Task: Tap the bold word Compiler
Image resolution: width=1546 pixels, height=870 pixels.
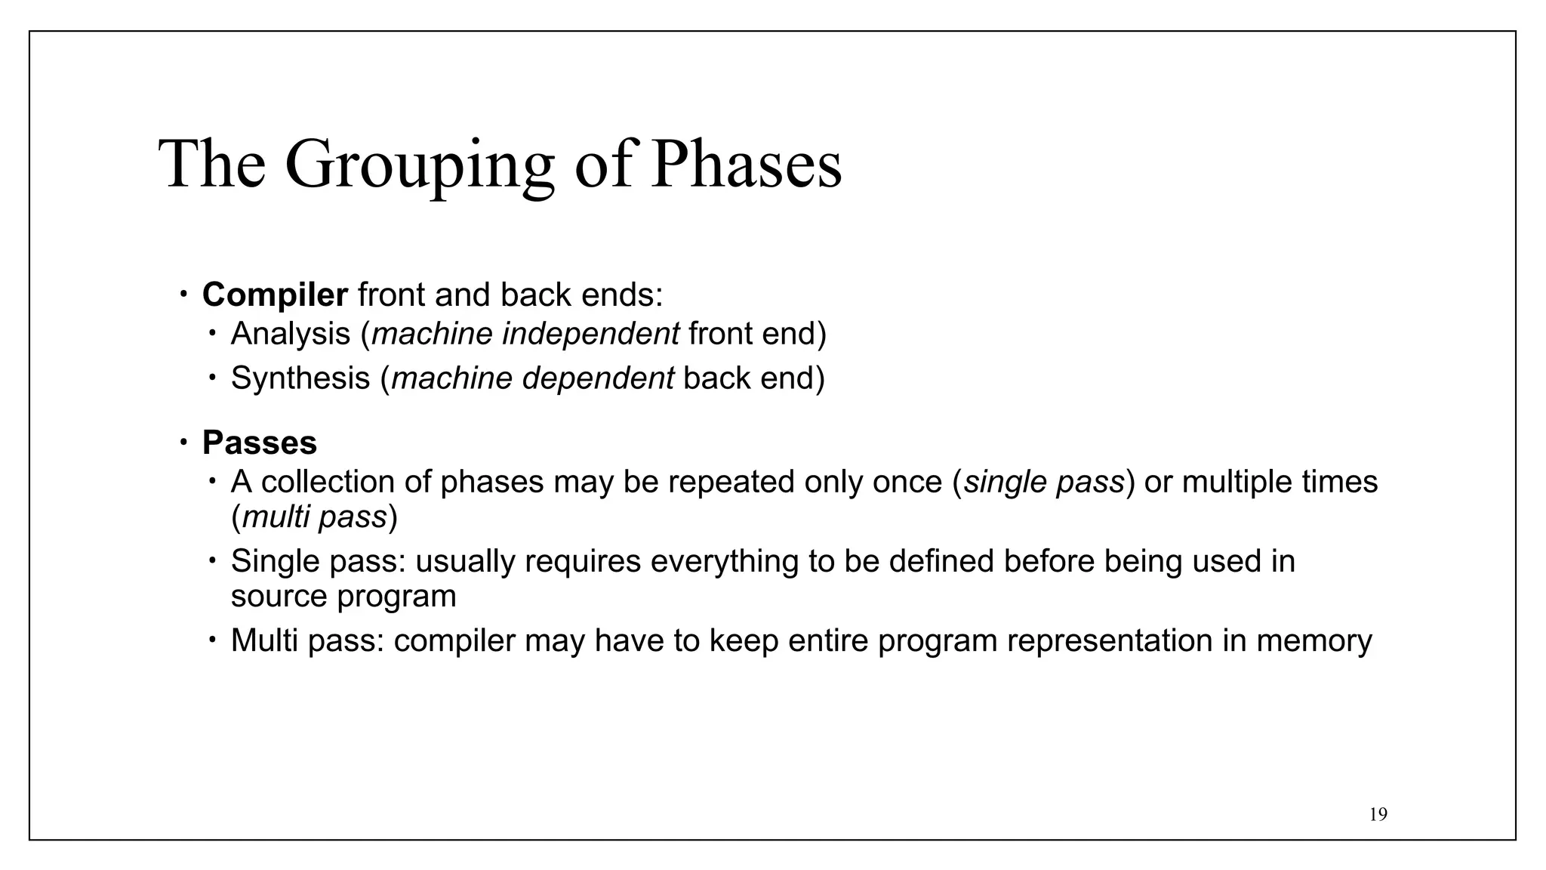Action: tap(275, 295)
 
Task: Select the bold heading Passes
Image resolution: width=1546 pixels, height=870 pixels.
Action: tap(259, 443)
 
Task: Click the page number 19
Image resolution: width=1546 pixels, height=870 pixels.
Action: tap(1378, 814)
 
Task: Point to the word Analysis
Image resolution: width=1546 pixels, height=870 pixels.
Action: tap(290, 334)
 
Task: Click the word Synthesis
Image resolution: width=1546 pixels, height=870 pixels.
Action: tap(300, 378)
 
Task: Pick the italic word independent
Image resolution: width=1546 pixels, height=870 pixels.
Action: tap(590, 334)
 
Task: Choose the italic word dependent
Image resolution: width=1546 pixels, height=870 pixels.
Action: tap(598, 378)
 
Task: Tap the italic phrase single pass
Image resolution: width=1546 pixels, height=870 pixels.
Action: tap(1044, 482)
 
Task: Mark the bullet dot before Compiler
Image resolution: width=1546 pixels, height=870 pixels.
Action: tap(183, 295)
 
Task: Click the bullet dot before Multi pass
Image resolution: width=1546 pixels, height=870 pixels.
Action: tap(213, 640)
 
